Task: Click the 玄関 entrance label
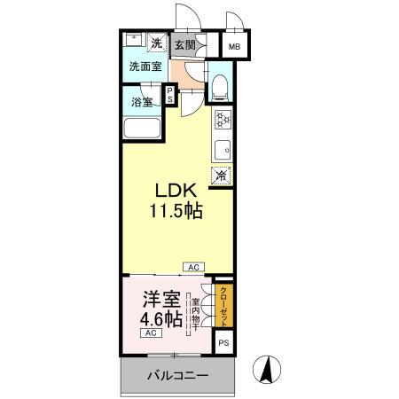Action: (x=184, y=45)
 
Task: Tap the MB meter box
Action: (x=235, y=47)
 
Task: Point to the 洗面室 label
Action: (x=145, y=66)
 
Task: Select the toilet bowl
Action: (x=220, y=86)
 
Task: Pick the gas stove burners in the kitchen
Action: (x=223, y=118)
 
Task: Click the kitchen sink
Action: (x=223, y=148)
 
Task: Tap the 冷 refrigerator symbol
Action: (x=221, y=176)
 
